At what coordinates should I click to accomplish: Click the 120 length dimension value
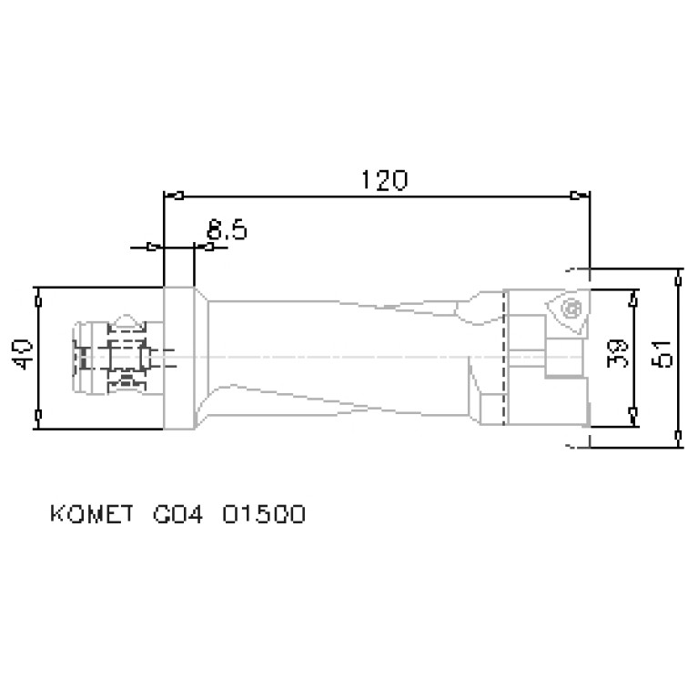point(381,180)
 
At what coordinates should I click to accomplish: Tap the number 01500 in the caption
point(258,515)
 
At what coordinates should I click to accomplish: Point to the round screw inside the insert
point(572,308)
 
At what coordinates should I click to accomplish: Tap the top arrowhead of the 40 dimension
point(38,298)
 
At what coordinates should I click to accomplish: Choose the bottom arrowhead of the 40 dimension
point(38,416)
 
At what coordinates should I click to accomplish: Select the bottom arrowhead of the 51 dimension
point(679,438)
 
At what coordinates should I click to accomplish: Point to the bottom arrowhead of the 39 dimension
point(632,415)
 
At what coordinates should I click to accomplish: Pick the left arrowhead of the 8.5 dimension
point(153,246)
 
